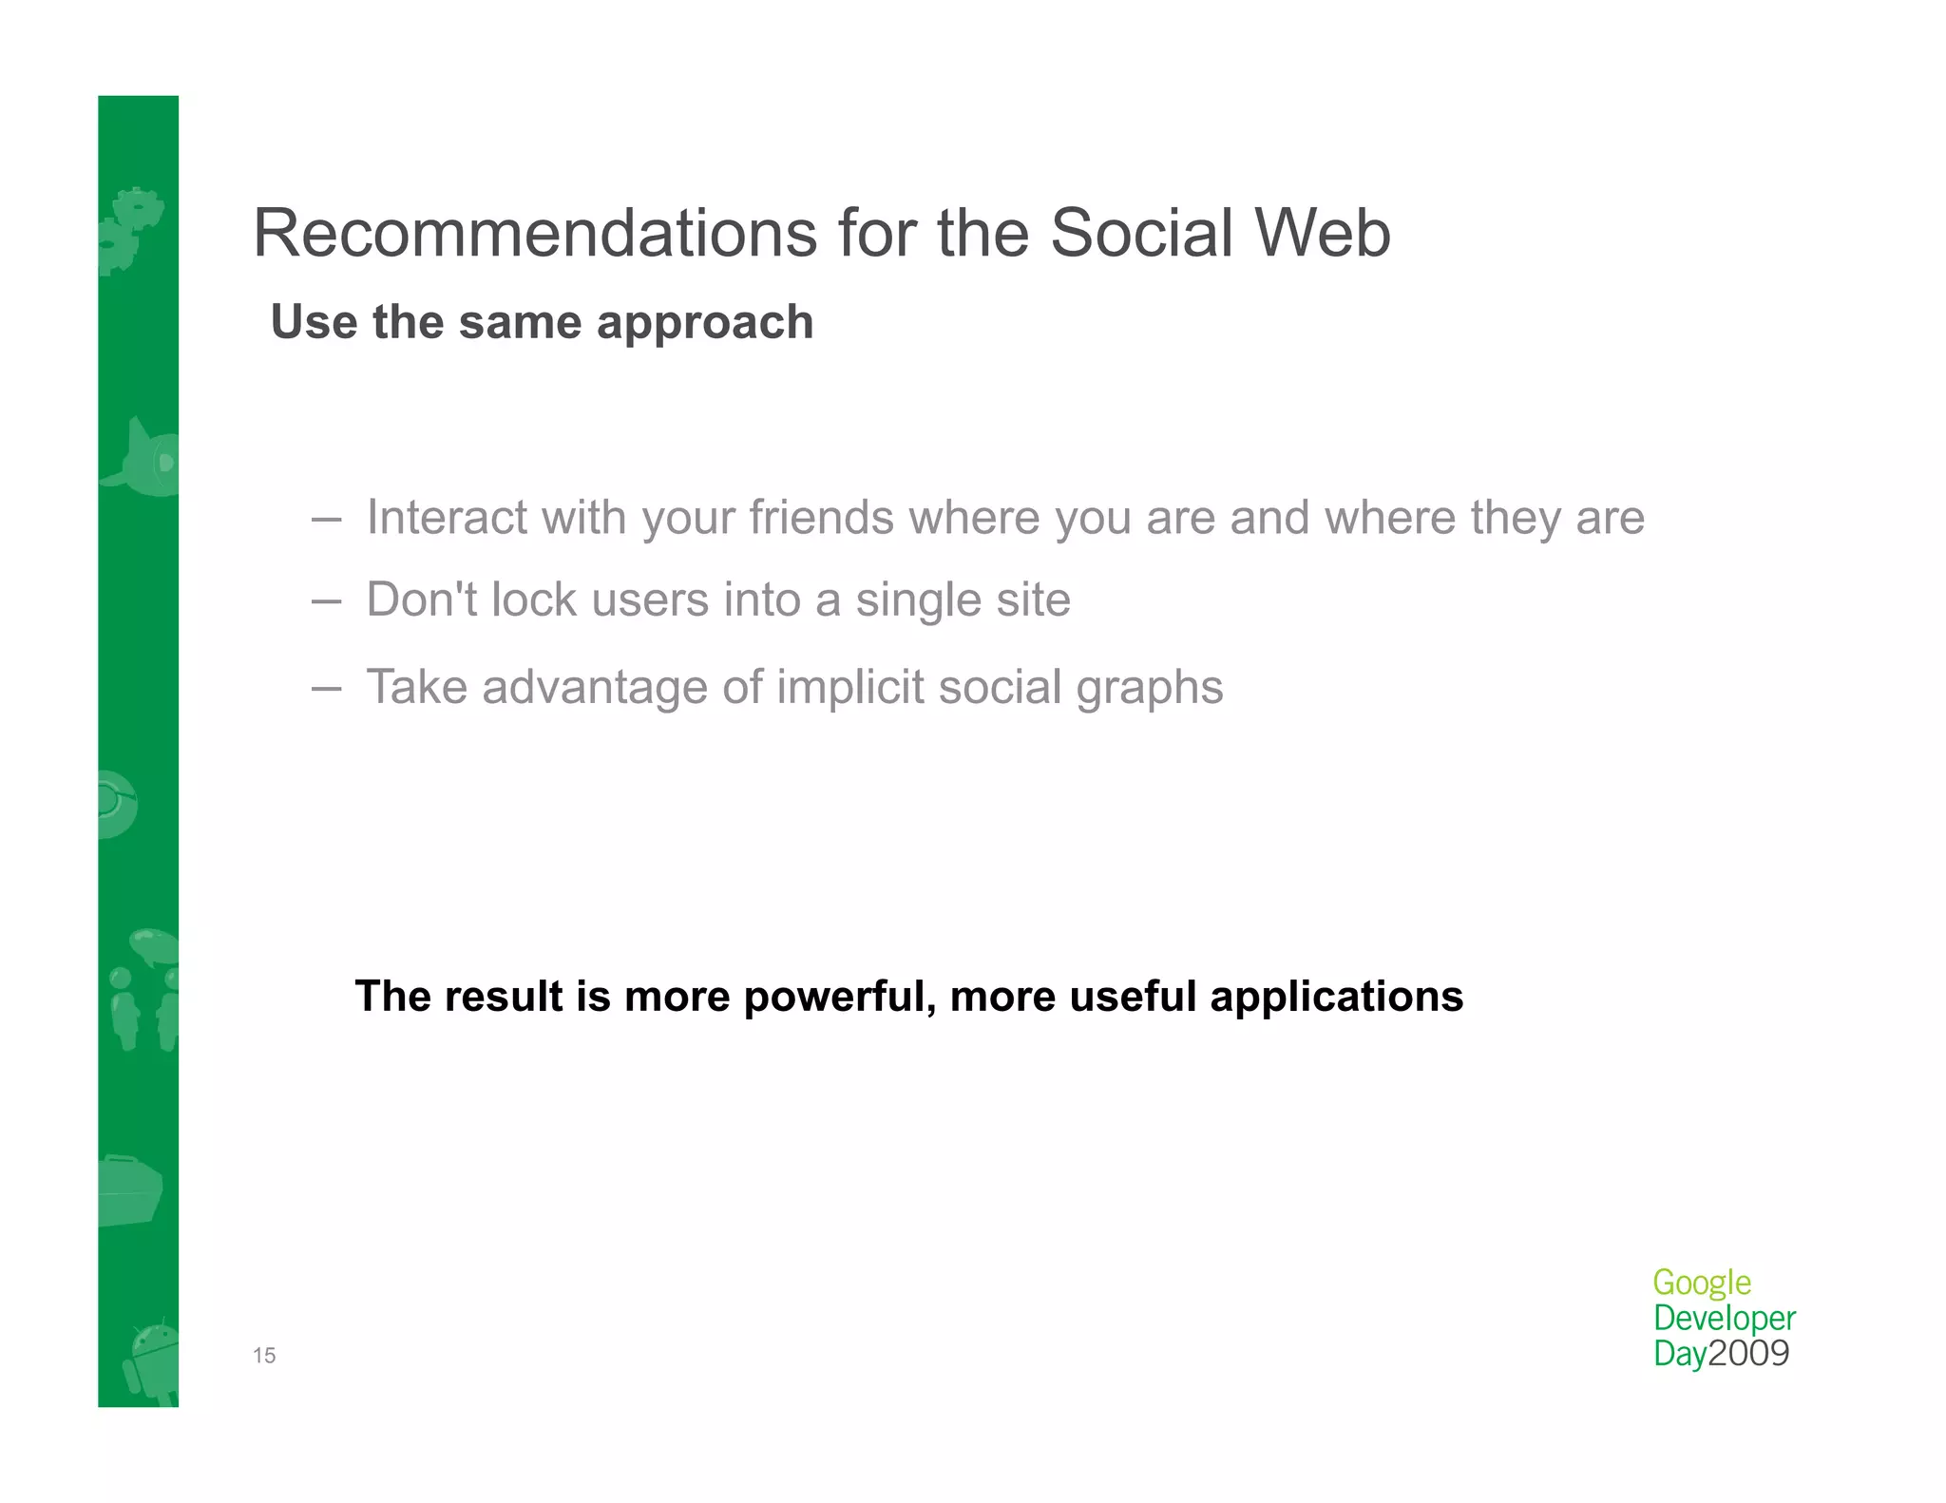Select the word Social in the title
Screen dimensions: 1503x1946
[x=1140, y=233]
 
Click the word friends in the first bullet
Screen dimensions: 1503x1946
[x=821, y=518]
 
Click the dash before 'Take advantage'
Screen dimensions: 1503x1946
[x=326, y=688]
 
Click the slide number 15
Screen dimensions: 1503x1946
[x=264, y=1356]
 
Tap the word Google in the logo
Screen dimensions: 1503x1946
[x=1701, y=1284]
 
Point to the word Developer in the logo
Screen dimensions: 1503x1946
[x=1724, y=1319]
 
